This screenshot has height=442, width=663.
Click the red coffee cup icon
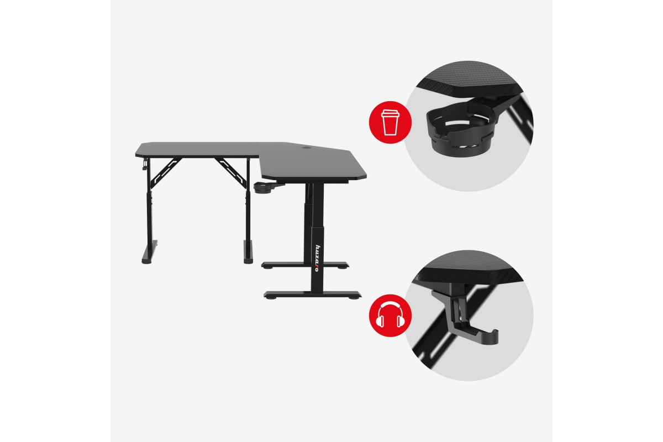[390, 122]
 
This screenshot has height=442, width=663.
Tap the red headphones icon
[390, 315]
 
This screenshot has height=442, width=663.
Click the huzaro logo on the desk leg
[317, 258]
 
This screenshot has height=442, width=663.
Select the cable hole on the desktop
[306, 147]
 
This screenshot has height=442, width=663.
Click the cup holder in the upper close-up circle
[461, 130]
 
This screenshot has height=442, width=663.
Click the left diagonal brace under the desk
[165, 173]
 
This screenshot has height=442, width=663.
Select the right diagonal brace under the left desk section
[231, 173]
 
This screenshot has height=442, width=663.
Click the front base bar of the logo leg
[312, 294]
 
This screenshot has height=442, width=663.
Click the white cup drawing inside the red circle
[390, 122]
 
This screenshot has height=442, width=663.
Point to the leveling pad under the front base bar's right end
[354, 298]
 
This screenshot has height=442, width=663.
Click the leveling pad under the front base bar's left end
[270, 298]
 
